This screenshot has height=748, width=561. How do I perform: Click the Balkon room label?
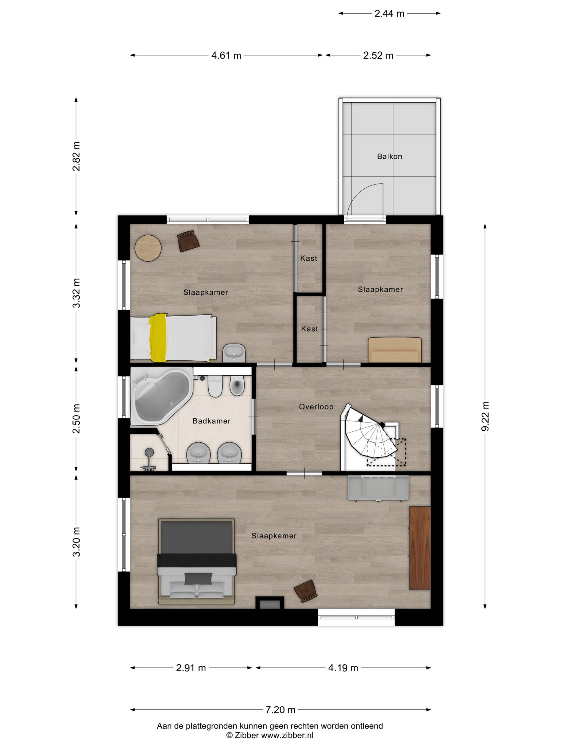[x=389, y=157]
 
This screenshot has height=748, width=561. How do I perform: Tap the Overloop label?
[x=316, y=407]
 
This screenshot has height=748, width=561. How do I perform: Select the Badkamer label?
[x=211, y=421]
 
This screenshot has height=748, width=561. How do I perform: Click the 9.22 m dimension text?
[x=485, y=416]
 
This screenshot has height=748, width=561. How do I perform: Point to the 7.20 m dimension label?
[x=280, y=710]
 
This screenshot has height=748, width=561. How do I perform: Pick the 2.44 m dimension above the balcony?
[x=389, y=14]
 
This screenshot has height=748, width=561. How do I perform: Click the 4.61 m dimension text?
[x=226, y=56]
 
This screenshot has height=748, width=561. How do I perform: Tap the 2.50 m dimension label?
[x=76, y=418]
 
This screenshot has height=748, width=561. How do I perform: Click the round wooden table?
[x=148, y=248]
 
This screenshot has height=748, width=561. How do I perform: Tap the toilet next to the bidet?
[x=215, y=386]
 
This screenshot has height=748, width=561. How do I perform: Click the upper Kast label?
[x=309, y=258]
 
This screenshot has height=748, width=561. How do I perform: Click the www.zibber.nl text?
[x=287, y=735]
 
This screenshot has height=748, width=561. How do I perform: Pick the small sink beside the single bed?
[x=234, y=353]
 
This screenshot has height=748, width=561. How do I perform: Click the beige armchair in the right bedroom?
[x=395, y=350]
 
